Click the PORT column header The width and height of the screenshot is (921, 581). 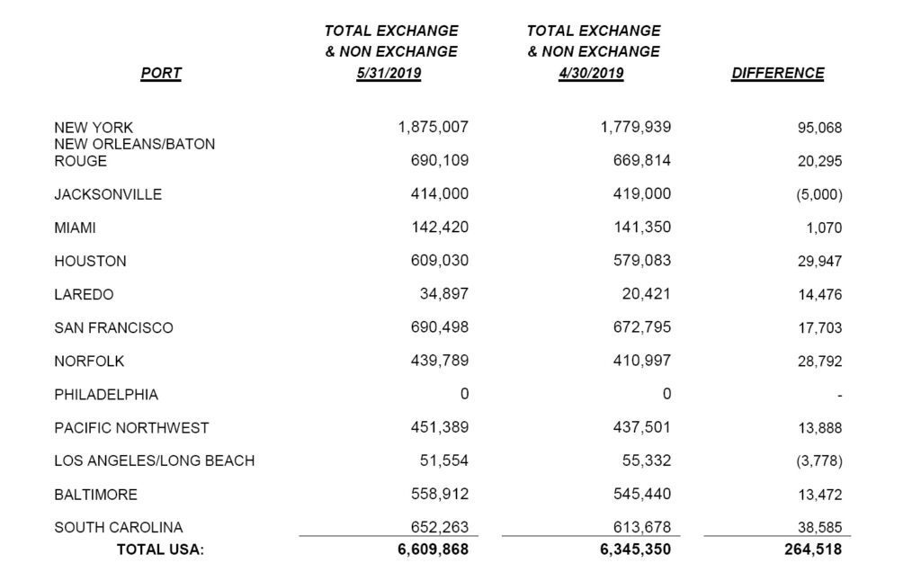tap(161, 74)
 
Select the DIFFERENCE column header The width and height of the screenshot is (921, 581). tap(777, 74)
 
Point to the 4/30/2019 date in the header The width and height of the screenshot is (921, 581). tap(591, 74)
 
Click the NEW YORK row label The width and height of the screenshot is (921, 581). tap(94, 128)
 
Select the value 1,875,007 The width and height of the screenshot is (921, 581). tap(433, 127)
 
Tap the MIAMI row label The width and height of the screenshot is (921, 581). tap(75, 228)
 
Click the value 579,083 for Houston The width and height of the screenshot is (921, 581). tap(636, 261)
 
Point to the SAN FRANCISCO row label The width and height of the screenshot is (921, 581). tap(113, 327)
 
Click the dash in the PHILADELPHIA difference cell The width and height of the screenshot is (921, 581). tap(839, 395)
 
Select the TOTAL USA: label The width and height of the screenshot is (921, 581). tap(161, 550)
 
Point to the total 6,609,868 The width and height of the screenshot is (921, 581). tap(433, 550)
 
